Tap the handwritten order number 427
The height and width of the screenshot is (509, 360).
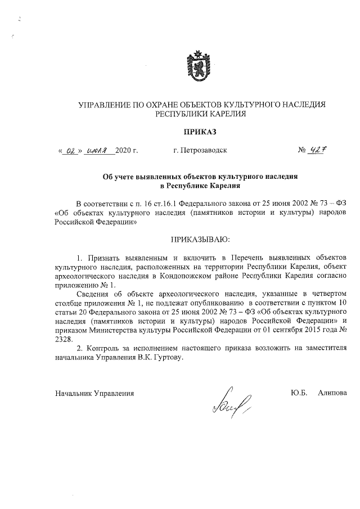[321, 151]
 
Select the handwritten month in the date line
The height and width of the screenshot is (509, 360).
[99, 151]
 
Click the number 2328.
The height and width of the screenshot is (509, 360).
[64, 340]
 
